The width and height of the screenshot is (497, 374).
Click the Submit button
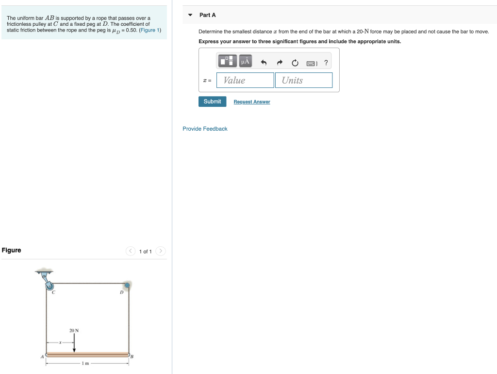[212, 102]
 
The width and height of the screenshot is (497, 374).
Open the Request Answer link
[251, 102]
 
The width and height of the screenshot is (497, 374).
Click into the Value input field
[245, 80]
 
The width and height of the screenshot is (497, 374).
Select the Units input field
[303, 80]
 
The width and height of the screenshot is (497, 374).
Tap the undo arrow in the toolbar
[264, 62]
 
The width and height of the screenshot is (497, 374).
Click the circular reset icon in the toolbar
[295, 62]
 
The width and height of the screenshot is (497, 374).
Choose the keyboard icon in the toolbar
[311, 63]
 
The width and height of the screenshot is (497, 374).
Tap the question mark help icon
[326, 62]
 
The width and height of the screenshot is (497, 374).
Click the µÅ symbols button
[245, 61]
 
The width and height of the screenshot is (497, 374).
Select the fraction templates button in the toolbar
[226, 61]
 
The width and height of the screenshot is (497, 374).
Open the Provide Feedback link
[205, 129]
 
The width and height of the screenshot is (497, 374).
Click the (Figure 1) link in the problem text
[150, 30]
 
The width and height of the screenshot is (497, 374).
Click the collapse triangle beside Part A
[190, 15]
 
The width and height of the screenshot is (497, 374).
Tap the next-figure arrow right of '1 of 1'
[161, 251]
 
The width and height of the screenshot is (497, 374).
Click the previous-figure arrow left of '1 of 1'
[130, 251]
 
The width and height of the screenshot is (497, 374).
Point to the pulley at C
[50, 286]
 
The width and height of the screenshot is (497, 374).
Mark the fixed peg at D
[127, 285]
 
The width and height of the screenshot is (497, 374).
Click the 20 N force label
[74, 331]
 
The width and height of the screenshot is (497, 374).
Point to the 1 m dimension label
[85, 363]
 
